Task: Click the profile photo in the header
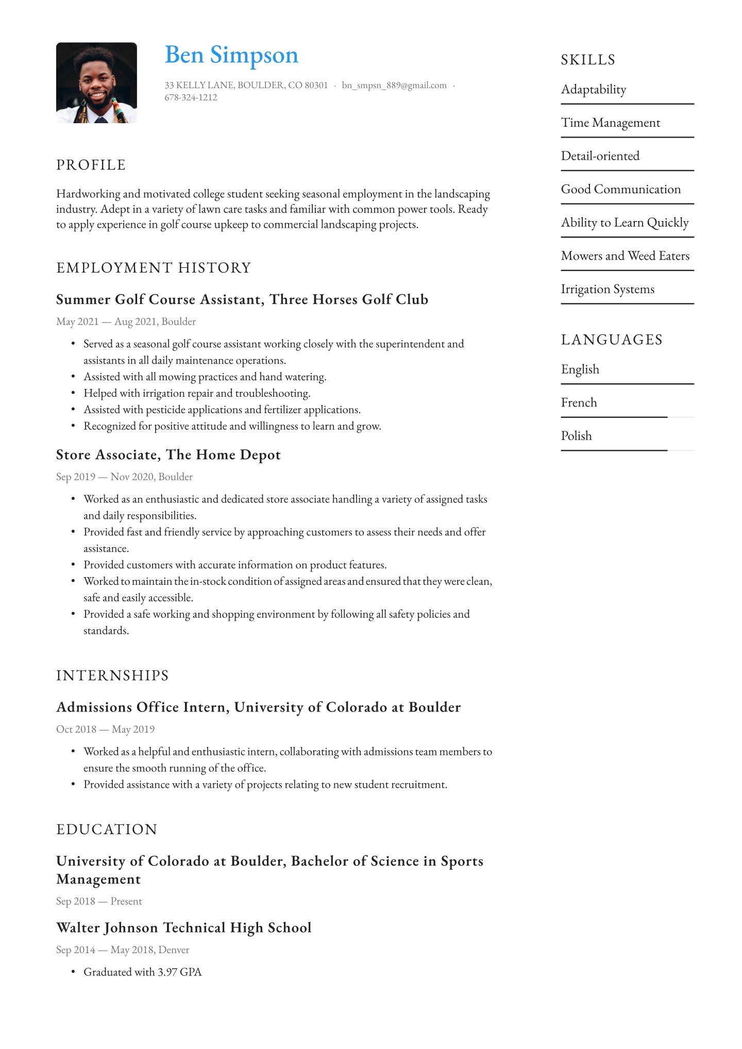(x=96, y=82)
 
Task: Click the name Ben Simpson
(x=231, y=55)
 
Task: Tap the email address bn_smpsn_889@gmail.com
(x=394, y=85)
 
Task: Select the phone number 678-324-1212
(x=191, y=97)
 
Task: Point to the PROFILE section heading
(x=91, y=165)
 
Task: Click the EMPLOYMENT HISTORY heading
(x=154, y=268)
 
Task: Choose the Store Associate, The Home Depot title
(x=168, y=454)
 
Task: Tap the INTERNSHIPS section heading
(x=112, y=675)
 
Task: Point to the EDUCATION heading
(x=107, y=830)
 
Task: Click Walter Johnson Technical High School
(x=184, y=927)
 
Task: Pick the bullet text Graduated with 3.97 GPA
(x=143, y=972)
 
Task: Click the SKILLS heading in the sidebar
(x=588, y=60)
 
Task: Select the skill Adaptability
(x=594, y=90)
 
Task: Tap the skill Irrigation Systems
(x=608, y=289)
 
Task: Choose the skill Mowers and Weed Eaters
(x=625, y=256)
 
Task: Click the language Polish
(x=576, y=436)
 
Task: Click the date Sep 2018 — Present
(x=99, y=901)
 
